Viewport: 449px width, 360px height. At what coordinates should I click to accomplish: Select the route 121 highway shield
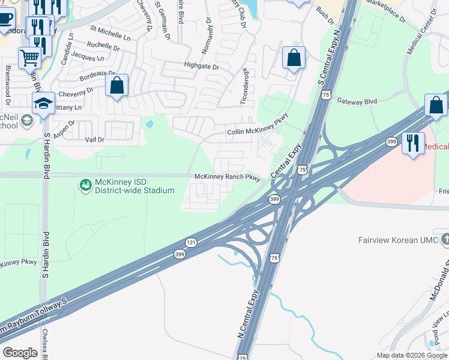tap(190, 242)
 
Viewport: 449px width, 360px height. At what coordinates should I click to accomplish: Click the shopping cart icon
tap(29, 59)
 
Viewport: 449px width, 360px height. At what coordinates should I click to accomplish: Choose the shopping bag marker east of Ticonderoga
tap(294, 59)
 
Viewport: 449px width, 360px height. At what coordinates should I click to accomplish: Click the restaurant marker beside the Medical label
tap(413, 143)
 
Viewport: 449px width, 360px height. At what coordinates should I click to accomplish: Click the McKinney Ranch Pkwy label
tap(228, 177)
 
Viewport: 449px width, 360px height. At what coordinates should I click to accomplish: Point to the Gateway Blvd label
tap(357, 101)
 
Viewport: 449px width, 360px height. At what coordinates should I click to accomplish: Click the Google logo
tap(20, 352)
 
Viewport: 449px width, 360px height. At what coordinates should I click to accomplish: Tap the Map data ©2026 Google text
tap(411, 355)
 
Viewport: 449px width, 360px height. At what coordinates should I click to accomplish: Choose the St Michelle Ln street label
tap(110, 32)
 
